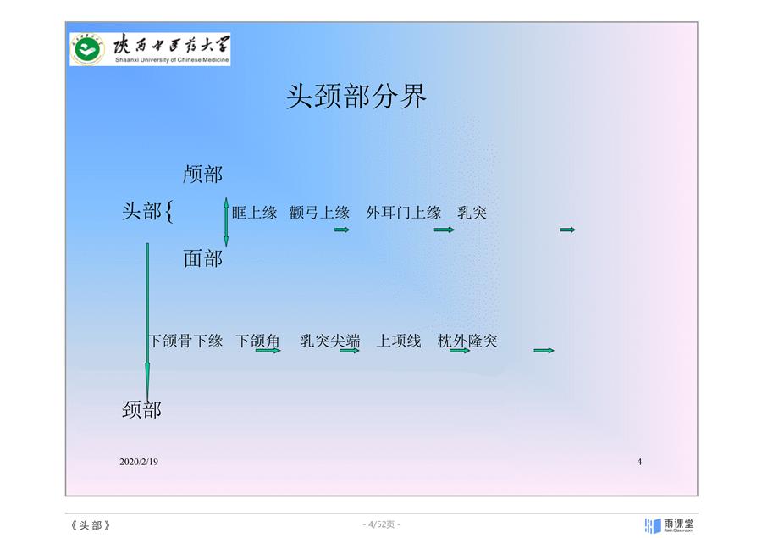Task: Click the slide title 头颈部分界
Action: [x=356, y=96]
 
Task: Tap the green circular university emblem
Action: [x=87, y=49]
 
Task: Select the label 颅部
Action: [x=202, y=175]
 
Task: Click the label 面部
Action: [x=202, y=258]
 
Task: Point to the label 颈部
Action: [x=141, y=409]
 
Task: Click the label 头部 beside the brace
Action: [x=141, y=211]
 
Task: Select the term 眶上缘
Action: [x=254, y=213]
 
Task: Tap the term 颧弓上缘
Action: [x=319, y=213]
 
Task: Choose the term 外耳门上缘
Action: [x=403, y=213]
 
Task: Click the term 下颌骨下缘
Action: [x=185, y=341]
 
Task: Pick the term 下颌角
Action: [x=257, y=341]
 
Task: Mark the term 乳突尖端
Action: [x=330, y=341]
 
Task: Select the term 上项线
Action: [x=399, y=341]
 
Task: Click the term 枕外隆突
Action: [x=467, y=341]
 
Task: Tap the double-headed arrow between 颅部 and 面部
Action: [x=226, y=222]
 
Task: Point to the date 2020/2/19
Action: [x=139, y=462]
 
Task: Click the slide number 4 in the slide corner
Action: [x=639, y=462]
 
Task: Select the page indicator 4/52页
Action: [x=382, y=524]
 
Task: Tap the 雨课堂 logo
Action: [x=670, y=525]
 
